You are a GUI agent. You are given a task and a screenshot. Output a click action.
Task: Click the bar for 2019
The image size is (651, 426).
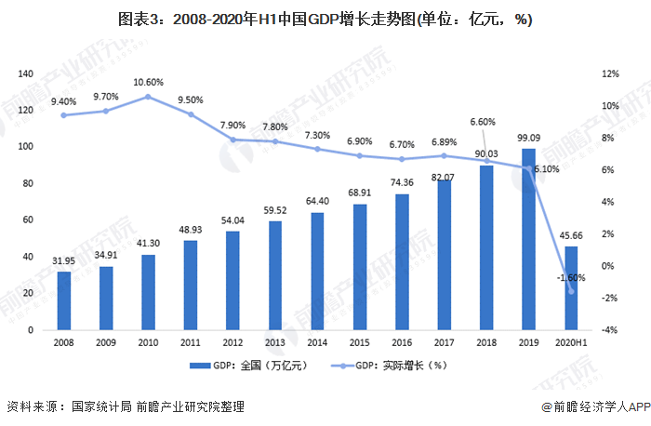(527, 239)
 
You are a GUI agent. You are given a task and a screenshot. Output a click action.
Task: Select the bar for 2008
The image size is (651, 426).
(64, 300)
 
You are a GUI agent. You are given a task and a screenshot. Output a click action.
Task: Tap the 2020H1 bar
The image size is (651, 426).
(570, 287)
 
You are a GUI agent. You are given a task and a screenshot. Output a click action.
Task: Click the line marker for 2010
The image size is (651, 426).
(149, 97)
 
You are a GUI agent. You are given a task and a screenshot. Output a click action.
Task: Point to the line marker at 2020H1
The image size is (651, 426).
(571, 291)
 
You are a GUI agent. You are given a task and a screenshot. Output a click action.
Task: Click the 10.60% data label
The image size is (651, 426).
(149, 82)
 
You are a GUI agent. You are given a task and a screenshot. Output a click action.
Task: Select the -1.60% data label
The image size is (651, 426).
(571, 277)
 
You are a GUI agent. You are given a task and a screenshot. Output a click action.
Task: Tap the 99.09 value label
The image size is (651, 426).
(527, 140)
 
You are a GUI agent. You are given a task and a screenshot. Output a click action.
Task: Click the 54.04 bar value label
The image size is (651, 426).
(232, 221)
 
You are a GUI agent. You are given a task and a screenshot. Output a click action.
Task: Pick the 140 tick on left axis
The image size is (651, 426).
(25, 73)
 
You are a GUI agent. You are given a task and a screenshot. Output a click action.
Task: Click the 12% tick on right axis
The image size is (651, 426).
(611, 73)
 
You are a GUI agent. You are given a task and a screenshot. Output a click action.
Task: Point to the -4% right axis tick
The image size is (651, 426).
(611, 330)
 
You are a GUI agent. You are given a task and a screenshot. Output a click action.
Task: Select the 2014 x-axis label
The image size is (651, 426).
(317, 342)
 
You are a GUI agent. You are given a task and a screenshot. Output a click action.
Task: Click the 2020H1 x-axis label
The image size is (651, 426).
(570, 342)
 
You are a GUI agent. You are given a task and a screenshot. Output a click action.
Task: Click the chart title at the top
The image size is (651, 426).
(325, 19)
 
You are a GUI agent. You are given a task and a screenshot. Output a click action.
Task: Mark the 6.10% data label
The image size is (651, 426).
(547, 169)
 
